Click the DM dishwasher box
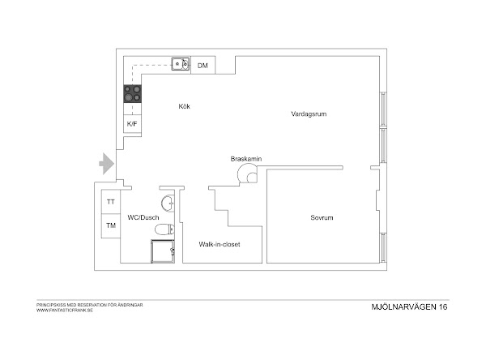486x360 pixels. pos(203,65)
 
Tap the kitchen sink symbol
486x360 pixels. pos(181,64)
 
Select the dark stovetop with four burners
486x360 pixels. pos(133,94)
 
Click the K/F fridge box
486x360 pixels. pos(132,124)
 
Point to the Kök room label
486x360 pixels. pos(184,106)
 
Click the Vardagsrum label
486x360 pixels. pos(309,114)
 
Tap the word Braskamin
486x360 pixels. pos(246,159)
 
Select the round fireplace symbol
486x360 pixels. pos(248,174)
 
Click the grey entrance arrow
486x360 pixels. pos(107,164)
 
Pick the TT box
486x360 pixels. pos(111,202)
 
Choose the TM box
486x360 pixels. pos(111,225)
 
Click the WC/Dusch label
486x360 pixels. pos(143,217)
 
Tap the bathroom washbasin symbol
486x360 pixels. pos(168,204)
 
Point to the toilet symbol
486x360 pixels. pos(164,229)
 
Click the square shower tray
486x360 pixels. pos(163,251)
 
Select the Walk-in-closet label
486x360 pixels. pos(220,244)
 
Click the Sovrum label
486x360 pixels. pos(322,217)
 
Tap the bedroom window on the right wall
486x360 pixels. pos(384,247)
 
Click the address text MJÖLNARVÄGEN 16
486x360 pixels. pos(409,307)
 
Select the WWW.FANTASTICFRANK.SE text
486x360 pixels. pos(65,310)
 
